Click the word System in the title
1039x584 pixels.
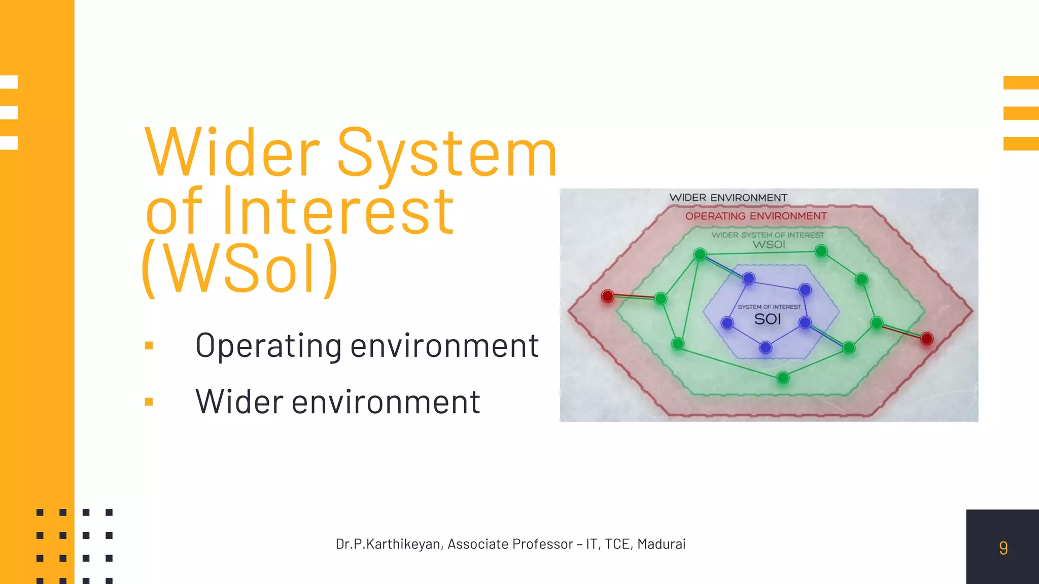(446, 153)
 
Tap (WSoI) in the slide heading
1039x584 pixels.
(240, 269)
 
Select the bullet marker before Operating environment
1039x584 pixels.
(149, 346)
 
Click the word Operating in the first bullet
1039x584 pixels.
(268, 346)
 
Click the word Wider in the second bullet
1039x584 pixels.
(239, 402)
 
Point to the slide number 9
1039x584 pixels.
(1003, 548)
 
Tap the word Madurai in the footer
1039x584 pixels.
(661, 544)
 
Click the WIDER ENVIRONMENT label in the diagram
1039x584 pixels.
(728, 198)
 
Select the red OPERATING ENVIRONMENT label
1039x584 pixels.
(756, 216)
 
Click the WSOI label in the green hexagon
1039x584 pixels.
(769, 244)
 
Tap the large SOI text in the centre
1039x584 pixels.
(767, 319)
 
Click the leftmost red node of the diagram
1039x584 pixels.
(607, 296)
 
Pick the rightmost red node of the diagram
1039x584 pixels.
(927, 339)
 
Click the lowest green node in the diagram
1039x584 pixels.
(783, 378)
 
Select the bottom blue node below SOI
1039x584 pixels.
(766, 348)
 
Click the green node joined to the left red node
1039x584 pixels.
(661, 299)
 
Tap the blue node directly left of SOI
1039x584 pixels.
(727, 323)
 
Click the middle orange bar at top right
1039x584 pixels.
(1021, 113)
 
